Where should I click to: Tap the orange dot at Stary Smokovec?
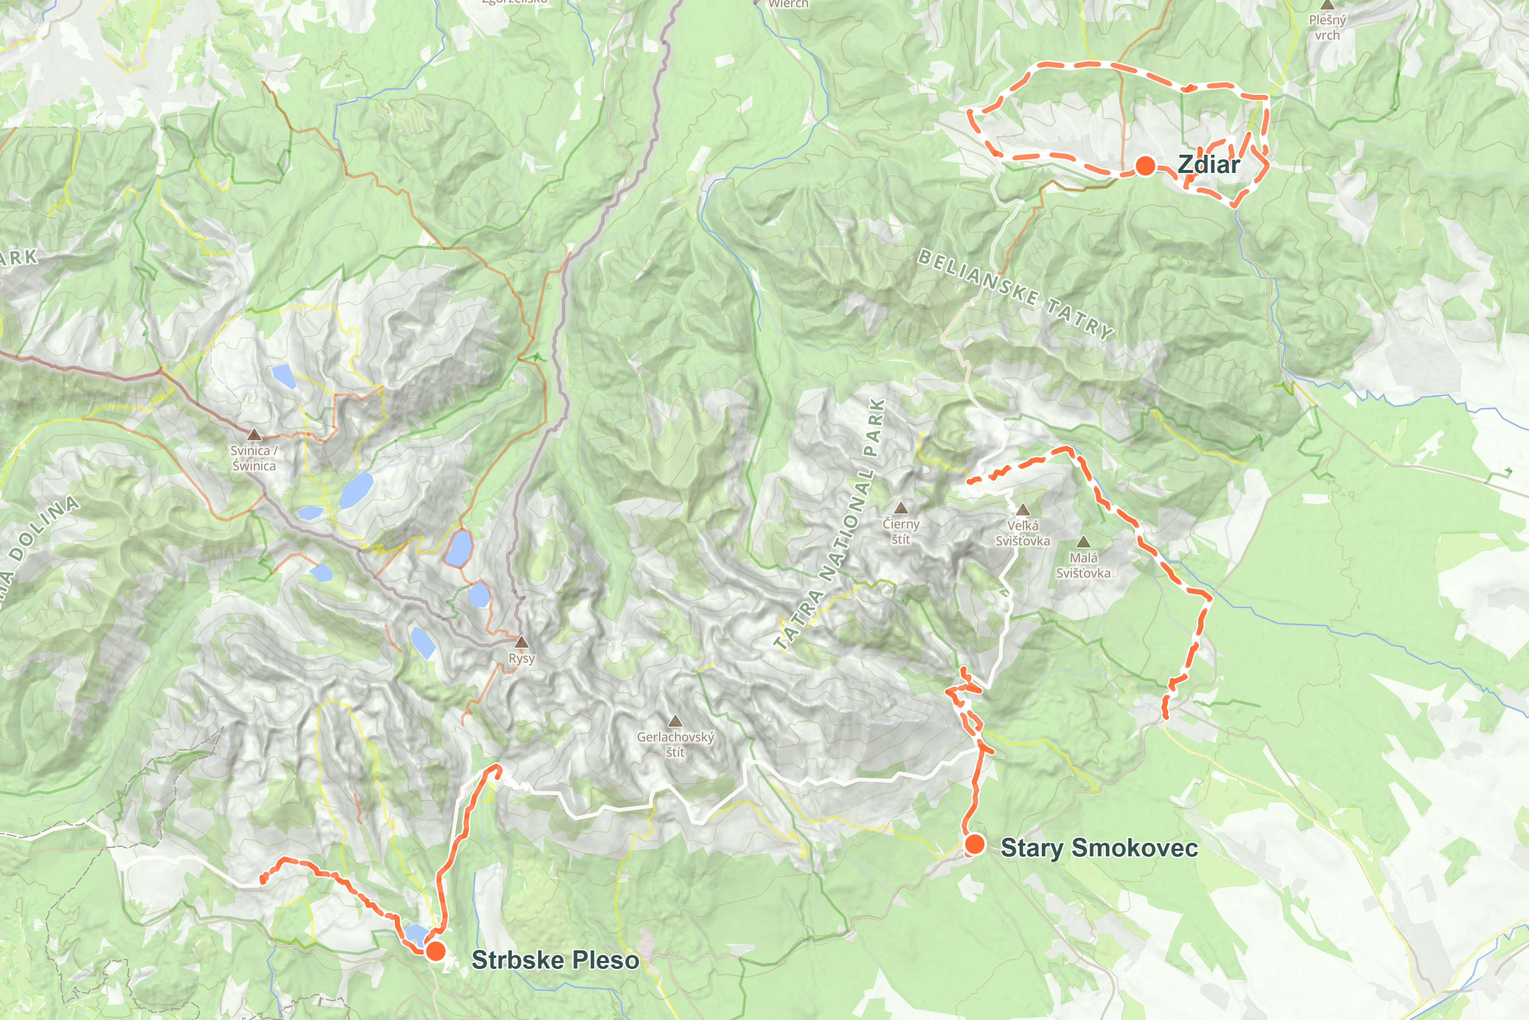[974, 844]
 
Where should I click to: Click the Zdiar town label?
[1208, 164]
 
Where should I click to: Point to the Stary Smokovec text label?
[1099, 847]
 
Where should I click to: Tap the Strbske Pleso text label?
[555, 960]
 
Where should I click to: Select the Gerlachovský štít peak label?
[675, 744]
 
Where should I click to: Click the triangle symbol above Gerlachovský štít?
[675, 721]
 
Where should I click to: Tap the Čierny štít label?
[900, 531]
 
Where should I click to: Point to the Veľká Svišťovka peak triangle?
[1023, 509]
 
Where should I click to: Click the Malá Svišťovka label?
[1083, 565]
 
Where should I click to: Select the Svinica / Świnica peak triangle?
[254, 434]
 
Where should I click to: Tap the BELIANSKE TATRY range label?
[1016, 294]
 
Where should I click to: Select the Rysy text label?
[522, 658]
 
